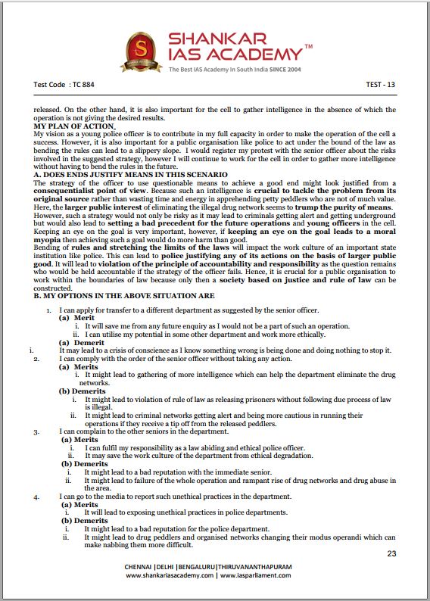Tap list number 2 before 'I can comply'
[x=36, y=358]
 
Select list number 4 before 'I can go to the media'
[x=36, y=496]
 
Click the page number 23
[x=391, y=554]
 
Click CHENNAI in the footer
[x=142, y=567]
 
